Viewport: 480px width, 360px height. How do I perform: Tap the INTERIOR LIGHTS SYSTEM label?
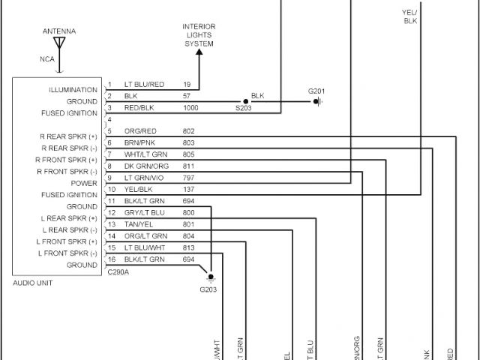pyautogui.click(x=199, y=35)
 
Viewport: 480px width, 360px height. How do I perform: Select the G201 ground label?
pyautogui.click(x=317, y=91)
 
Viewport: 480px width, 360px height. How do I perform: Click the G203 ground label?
pyautogui.click(x=208, y=289)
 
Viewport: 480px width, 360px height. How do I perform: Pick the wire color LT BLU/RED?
pyautogui.click(x=144, y=85)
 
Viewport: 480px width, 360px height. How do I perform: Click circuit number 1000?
pyautogui.click(x=190, y=108)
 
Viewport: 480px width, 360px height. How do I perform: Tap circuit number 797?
pyautogui.click(x=188, y=178)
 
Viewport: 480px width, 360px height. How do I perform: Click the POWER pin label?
pyautogui.click(x=84, y=183)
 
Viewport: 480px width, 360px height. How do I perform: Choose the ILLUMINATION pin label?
pyautogui.click(x=73, y=90)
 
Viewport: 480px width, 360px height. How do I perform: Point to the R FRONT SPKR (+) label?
pyautogui.click(x=67, y=160)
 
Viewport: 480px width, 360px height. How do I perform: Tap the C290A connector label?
pyautogui.click(x=117, y=272)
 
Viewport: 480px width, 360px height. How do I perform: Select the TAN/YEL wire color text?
pyautogui.click(x=138, y=224)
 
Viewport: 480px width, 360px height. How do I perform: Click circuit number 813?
pyautogui.click(x=188, y=247)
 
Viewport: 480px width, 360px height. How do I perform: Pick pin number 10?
pyautogui.click(x=111, y=190)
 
